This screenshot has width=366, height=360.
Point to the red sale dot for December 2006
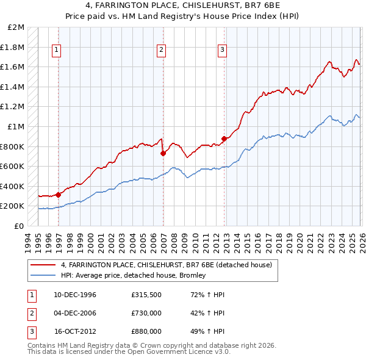[163, 154]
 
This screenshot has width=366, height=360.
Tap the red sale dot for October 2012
[224, 139]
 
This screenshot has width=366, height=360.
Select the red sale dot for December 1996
[59, 195]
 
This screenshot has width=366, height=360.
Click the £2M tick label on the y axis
[16, 27]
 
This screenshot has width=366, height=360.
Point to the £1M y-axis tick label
[16, 127]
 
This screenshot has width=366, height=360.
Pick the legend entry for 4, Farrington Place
[170, 264]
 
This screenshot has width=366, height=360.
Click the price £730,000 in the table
[146, 313]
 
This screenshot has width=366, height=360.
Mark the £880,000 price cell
[146, 331]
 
